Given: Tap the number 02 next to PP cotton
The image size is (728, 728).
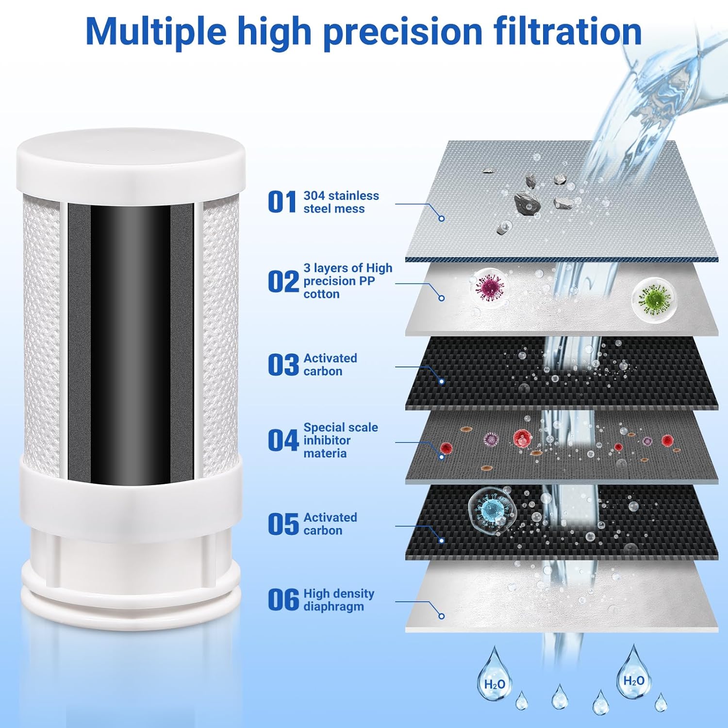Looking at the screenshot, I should click(x=283, y=281).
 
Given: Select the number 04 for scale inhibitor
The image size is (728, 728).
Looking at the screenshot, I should click(x=283, y=440).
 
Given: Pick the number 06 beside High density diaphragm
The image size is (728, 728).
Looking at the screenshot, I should click(x=283, y=600).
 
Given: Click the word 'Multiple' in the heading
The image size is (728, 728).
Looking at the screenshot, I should click(x=156, y=31).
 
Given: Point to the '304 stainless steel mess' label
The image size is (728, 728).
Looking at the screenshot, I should click(x=341, y=202).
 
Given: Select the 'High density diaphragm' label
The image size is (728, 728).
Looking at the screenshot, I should click(x=338, y=600).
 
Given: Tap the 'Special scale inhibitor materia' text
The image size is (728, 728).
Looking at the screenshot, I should click(x=340, y=440).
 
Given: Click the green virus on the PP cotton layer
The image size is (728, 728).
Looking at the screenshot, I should click(x=653, y=297).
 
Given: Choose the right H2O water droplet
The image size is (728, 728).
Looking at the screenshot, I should click(x=633, y=678).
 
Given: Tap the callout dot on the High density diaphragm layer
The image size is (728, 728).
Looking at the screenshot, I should click(x=441, y=616).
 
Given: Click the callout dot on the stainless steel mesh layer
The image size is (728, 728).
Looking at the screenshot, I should click(x=441, y=218).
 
